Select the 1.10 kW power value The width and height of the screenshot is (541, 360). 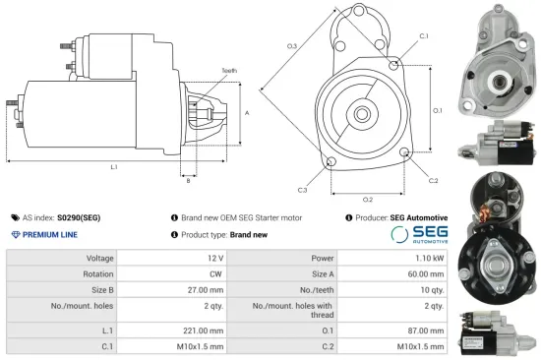(x=426, y=257)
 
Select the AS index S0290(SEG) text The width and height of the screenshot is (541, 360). (x=61, y=217)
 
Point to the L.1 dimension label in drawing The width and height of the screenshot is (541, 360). (x=114, y=166)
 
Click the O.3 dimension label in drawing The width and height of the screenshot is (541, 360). (x=292, y=47)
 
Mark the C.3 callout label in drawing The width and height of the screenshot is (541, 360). (x=302, y=189)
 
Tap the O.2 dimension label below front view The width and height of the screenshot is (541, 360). (x=368, y=199)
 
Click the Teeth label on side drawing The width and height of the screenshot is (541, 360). (x=228, y=72)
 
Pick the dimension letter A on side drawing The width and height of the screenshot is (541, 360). (x=246, y=114)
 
